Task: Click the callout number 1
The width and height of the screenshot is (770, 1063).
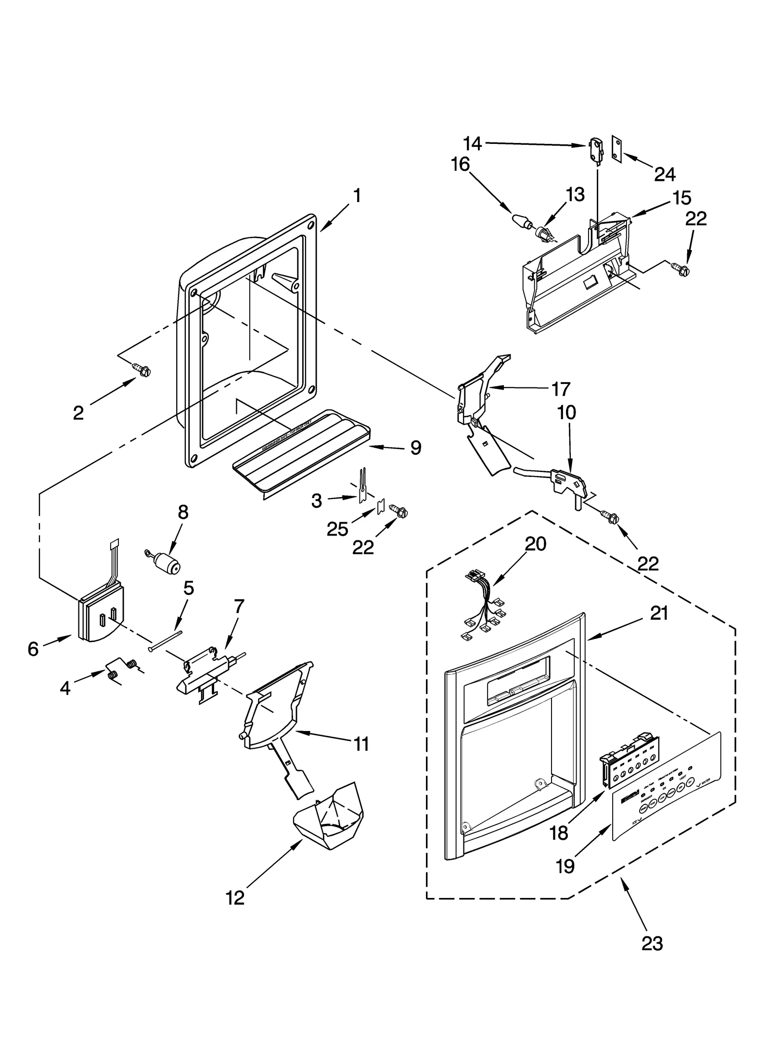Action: [x=357, y=195]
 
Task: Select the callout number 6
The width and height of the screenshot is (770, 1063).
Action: [x=33, y=649]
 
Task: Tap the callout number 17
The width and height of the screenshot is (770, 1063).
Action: [x=561, y=389]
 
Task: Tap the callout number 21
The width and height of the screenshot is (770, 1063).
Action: [x=659, y=614]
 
